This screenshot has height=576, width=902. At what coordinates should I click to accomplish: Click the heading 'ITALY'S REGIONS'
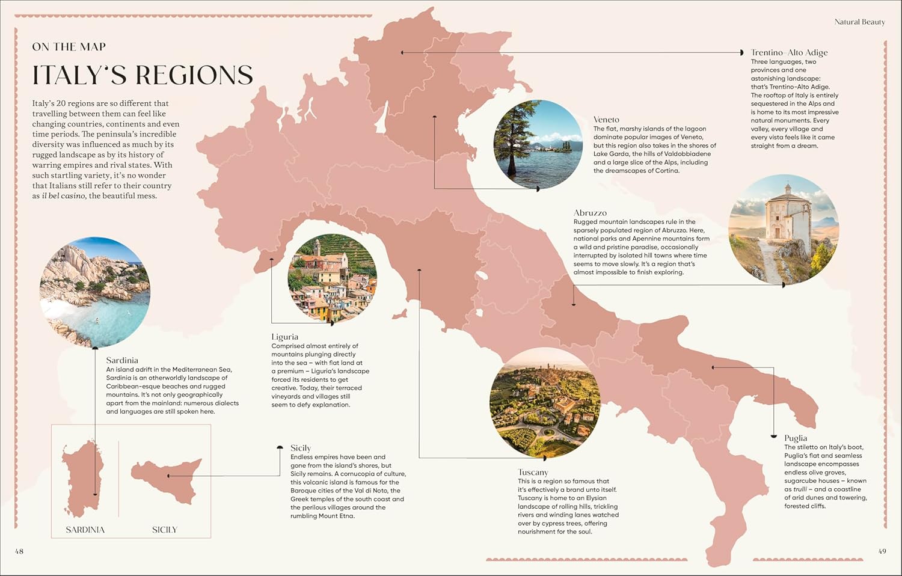pyautogui.click(x=143, y=75)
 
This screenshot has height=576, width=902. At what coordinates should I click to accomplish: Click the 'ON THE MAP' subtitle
pyautogui.click(x=69, y=47)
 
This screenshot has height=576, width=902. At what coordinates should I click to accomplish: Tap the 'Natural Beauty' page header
pyautogui.click(x=859, y=22)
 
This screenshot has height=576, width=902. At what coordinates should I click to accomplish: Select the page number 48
pyautogui.click(x=19, y=551)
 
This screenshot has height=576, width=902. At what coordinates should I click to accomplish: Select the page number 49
pyautogui.click(x=882, y=551)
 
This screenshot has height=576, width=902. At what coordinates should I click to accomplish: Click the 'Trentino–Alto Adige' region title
pyautogui.click(x=789, y=52)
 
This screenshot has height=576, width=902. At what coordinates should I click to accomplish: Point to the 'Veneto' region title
pyautogui.click(x=606, y=120)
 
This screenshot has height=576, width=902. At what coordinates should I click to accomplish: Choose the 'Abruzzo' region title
pyautogui.click(x=590, y=213)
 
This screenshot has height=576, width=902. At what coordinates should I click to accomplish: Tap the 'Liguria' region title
pyautogui.click(x=284, y=337)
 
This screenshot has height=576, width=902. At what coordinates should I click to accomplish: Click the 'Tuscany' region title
pyautogui.click(x=533, y=472)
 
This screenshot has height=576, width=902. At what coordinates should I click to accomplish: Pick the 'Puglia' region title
pyautogui.click(x=795, y=438)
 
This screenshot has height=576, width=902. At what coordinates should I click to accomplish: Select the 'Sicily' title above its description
pyautogui.click(x=300, y=448)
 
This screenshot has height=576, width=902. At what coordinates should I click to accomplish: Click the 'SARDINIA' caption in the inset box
pyautogui.click(x=85, y=530)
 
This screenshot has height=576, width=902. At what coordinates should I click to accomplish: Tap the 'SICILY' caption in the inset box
pyautogui.click(x=164, y=530)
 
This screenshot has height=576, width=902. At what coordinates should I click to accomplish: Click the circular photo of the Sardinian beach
pyautogui.click(x=95, y=292)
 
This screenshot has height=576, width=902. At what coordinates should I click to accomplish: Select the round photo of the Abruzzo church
pyautogui.click(x=783, y=230)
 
